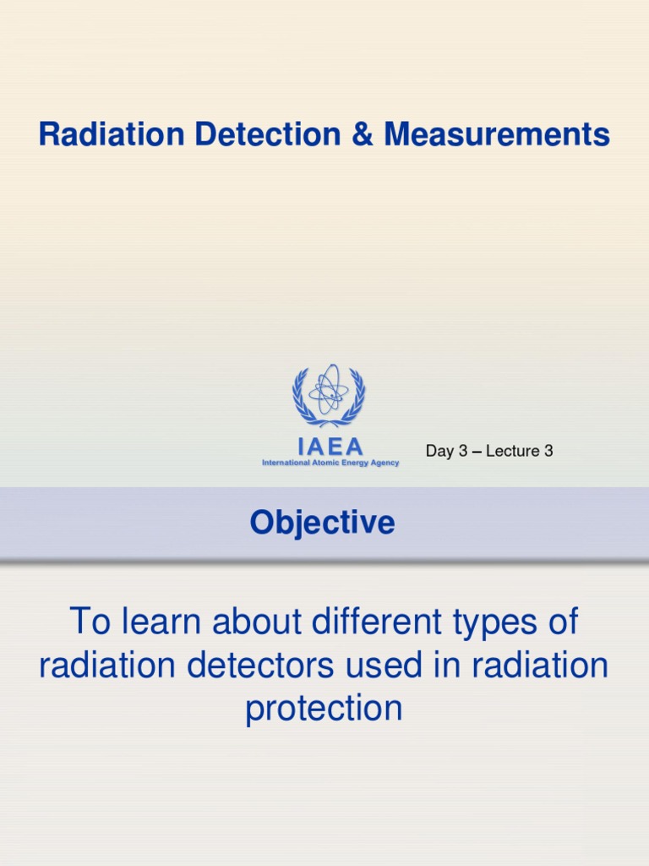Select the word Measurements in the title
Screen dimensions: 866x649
click(497, 134)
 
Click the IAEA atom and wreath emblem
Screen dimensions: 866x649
click(329, 396)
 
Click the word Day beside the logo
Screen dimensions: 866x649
click(439, 451)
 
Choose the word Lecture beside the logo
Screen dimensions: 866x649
click(513, 451)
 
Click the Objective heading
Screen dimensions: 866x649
click(322, 523)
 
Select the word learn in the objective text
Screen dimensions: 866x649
click(158, 622)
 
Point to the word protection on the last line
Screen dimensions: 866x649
click(324, 709)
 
